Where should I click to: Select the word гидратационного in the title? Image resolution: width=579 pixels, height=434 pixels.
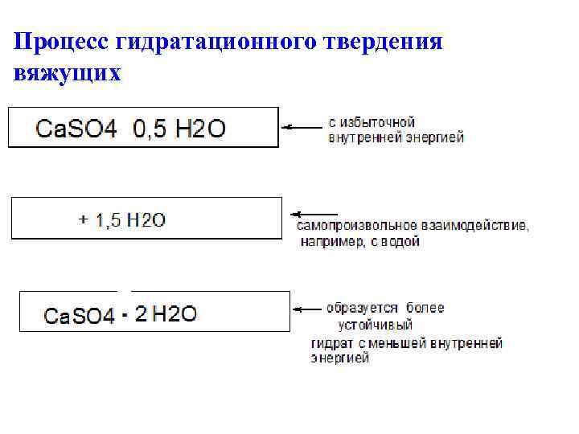click(216, 41)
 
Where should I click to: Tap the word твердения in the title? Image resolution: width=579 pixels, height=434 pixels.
click(383, 41)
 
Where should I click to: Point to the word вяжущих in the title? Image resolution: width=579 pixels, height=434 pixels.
click(67, 73)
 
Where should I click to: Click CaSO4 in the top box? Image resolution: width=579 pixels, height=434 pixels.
click(76, 129)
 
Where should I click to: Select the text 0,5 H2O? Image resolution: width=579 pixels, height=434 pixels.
click(179, 129)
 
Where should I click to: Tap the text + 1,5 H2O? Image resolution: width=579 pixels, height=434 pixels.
click(121, 219)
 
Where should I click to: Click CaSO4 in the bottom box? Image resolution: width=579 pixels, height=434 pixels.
click(79, 316)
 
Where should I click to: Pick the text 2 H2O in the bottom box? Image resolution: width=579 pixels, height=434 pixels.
click(166, 314)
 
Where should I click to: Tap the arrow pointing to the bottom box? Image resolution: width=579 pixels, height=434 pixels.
click(307, 309)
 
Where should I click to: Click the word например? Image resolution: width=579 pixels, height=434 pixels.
click(332, 241)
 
